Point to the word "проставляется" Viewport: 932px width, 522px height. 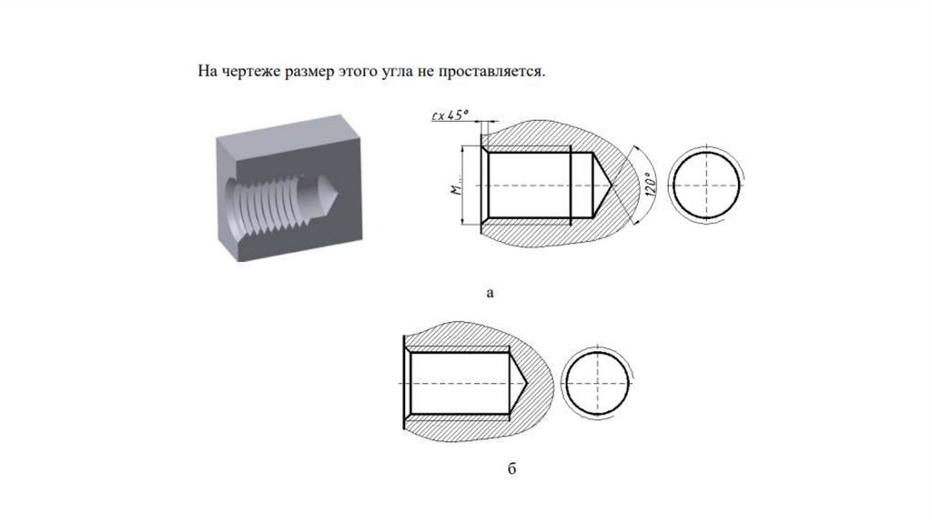pyautogui.click(x=491, y=73)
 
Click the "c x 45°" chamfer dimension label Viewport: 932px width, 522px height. pyautogui.click(x=450, y=115)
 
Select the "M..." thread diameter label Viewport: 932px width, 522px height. pyautogui.click(x=456, y=186)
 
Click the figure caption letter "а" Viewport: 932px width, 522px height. pyautogui.click(x=490, y=292)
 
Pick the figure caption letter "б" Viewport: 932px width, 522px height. pyautogui.click(x=512, y=468)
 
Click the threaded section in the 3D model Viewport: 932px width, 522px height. pyautogui.click(x=268, y=202)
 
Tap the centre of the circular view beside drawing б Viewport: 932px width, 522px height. pyautogui.click(x=597, y=383)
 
